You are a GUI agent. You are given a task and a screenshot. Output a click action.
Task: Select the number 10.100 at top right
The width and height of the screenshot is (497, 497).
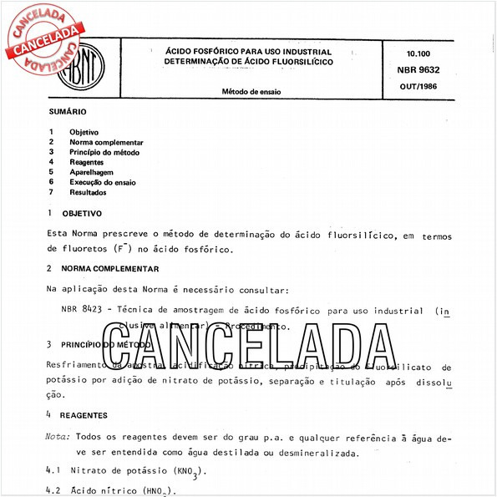(425, 53)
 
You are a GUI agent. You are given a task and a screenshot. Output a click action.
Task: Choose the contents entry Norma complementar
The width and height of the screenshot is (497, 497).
(106, 143)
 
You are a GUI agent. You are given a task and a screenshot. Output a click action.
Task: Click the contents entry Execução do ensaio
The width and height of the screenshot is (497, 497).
(103, 182)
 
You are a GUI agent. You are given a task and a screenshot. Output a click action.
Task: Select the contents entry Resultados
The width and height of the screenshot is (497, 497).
(88, 192)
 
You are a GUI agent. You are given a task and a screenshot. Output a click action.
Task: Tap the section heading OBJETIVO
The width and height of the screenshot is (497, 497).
(83, 214)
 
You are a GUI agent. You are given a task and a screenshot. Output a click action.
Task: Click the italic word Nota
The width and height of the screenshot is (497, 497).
(58, 437)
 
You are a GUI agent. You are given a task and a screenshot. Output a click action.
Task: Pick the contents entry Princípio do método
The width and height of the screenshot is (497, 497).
(104, 153)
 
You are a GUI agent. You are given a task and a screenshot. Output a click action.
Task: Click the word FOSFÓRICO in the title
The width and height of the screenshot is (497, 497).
(219, 52)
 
